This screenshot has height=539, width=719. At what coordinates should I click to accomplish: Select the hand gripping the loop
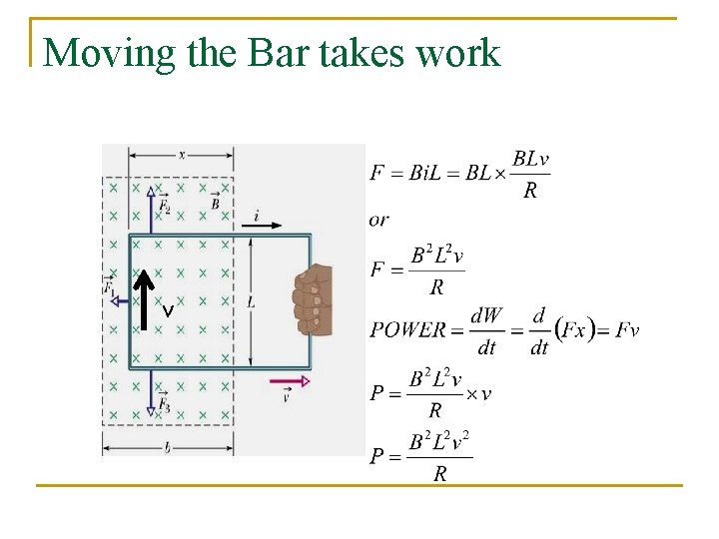click(x=312, y=298)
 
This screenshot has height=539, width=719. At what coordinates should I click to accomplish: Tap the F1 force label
click(x=109, y=285)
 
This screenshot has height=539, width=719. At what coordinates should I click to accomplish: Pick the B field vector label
click(x=215, y=203)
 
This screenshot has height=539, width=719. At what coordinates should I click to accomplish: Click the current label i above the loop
click(x=257, y=215)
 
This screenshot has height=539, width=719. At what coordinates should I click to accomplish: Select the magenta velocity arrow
click(x=290, y=380)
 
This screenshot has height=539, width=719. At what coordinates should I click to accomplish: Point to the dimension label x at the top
click(x=181, y=154)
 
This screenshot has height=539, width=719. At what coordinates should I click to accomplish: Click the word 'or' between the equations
click(x=378, y=219)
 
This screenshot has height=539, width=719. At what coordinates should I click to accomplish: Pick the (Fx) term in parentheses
click(x=575, y=328)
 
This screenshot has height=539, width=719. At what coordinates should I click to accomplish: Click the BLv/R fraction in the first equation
click(x=530, y=174)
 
